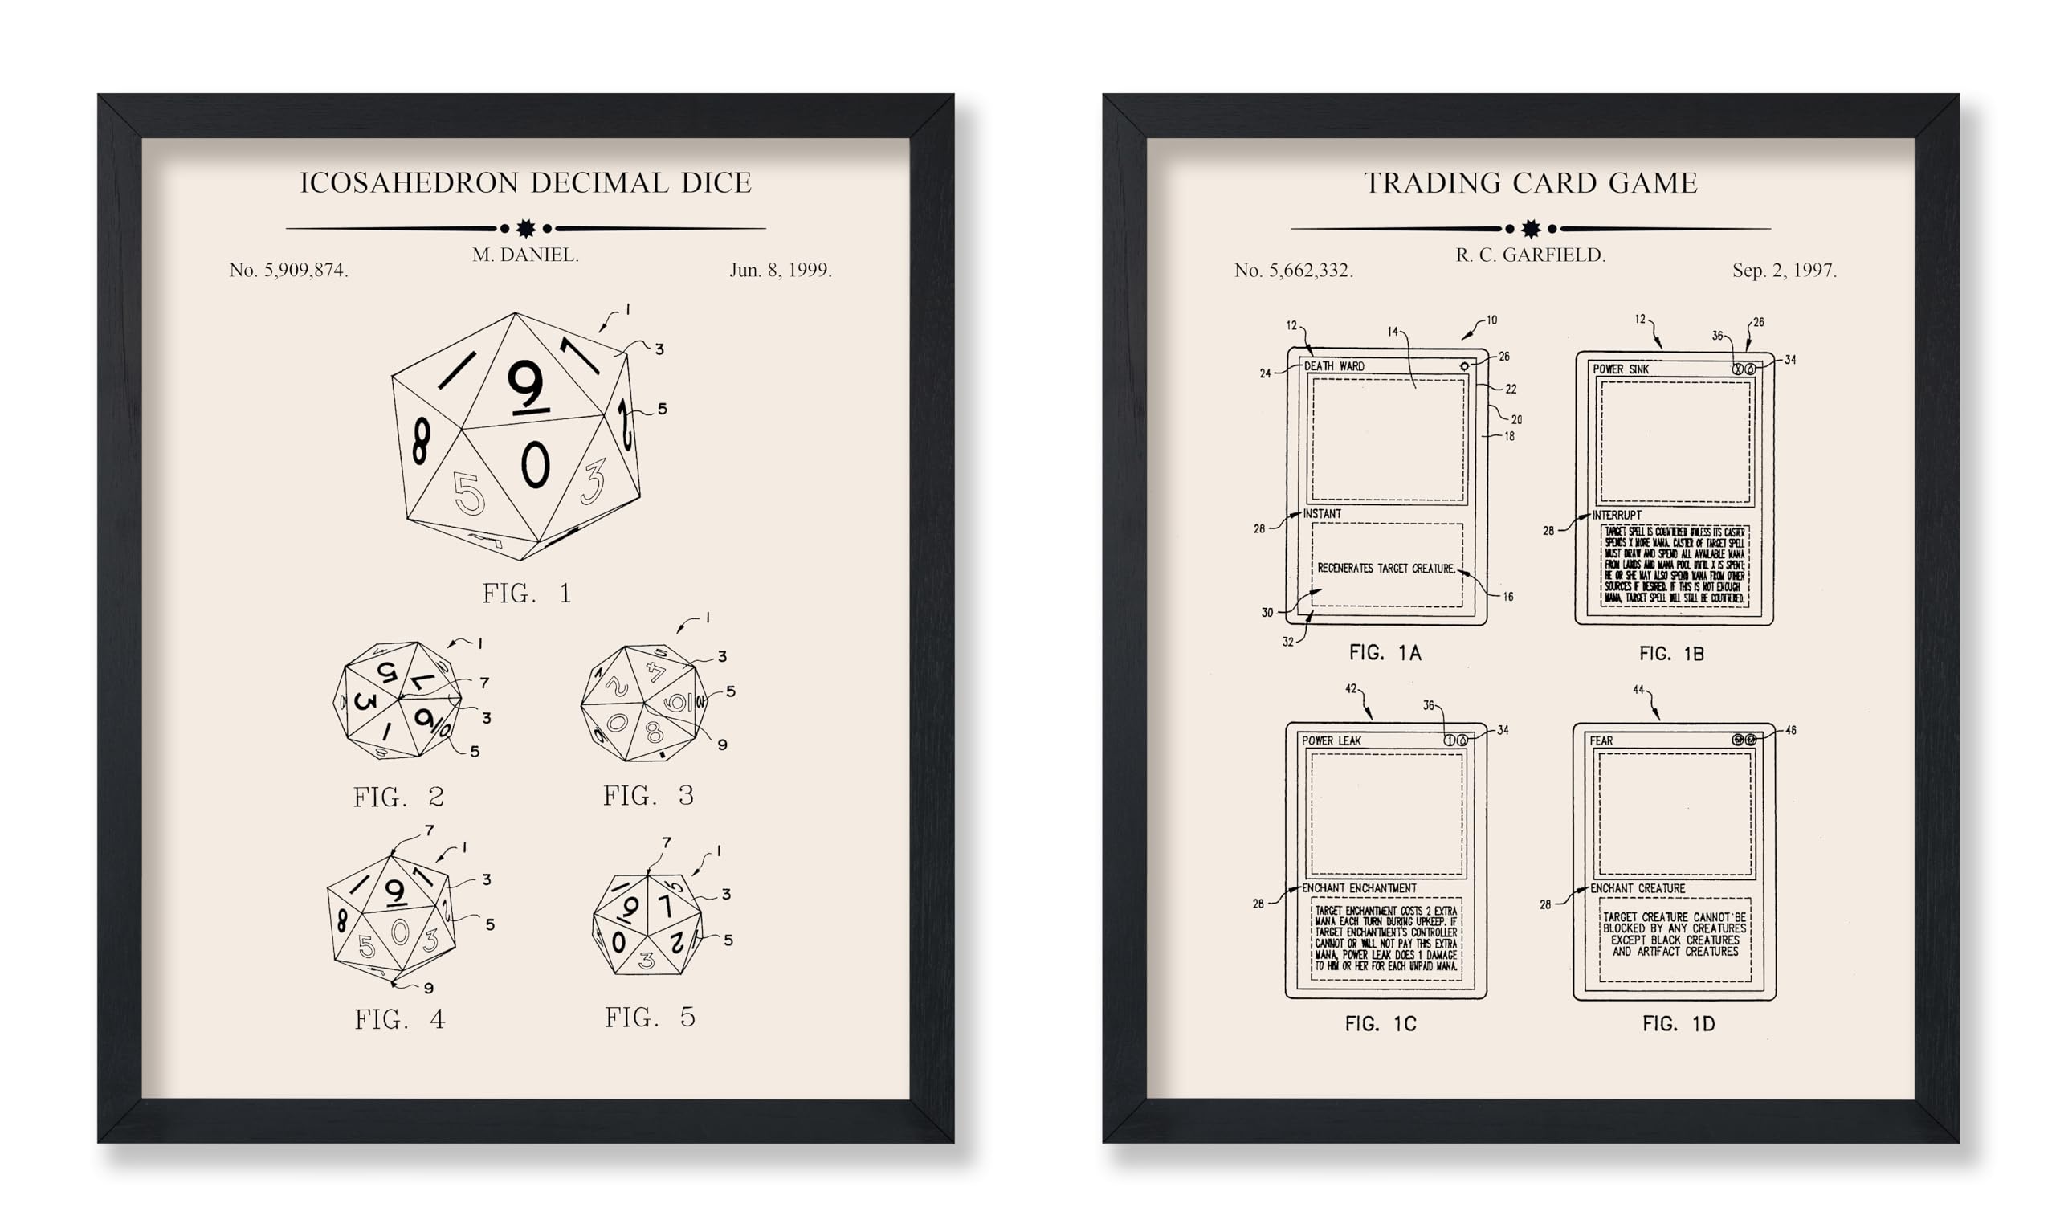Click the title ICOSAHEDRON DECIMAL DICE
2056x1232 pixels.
(x=525, y=182)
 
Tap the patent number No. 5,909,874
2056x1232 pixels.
(x=288, y=271)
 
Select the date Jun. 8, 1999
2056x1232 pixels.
(x=780, y=271)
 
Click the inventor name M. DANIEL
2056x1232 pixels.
(x=525, y=255)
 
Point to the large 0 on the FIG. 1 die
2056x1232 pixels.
(x=536, y=464)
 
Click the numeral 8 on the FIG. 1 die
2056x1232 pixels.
(x=422, y=441)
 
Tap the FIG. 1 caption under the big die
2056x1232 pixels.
(x=526, y=594)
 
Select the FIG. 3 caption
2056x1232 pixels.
(x=648, y=796)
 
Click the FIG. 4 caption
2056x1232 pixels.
(x=399, y=1019)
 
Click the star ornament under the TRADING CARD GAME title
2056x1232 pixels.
(x=1531, y=228)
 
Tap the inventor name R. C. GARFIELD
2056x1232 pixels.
(x=1531, y=255)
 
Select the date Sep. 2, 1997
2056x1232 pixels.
(x=1784, y=271)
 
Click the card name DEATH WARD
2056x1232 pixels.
(x=1334, y=366)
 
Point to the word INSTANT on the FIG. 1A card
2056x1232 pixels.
(x=1321, y=514)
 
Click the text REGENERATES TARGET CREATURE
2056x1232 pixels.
(x=1385, y=569)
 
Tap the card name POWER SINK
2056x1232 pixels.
(x=1620, y=369)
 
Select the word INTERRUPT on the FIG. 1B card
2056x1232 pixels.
(x=1616, y=516)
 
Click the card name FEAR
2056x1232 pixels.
(x=1601, y=740)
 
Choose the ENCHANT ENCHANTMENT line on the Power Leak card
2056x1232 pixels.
(x=1359, y=888)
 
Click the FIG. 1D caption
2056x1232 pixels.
(x=1679, y=1025)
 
